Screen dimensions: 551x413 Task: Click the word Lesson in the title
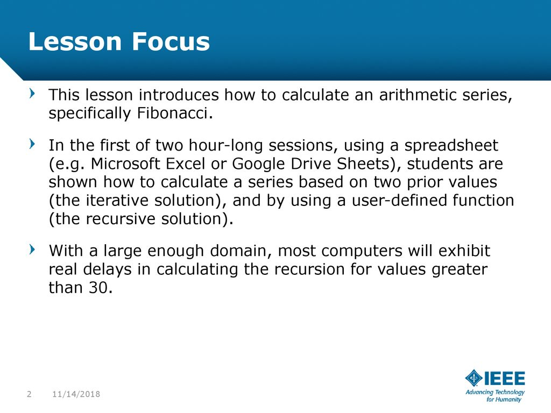(75, 41)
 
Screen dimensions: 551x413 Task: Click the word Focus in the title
(171, 41)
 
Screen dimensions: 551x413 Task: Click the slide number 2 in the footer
(29, 394)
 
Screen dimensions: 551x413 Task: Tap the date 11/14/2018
(76, 394)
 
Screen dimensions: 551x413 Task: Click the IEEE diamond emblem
(474, 378)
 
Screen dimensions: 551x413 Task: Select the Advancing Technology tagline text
(495, 395)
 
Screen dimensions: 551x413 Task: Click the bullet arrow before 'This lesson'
(32, 94)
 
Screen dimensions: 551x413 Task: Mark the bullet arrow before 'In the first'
(32, 144)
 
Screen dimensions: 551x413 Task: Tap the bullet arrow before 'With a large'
(32, 250)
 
